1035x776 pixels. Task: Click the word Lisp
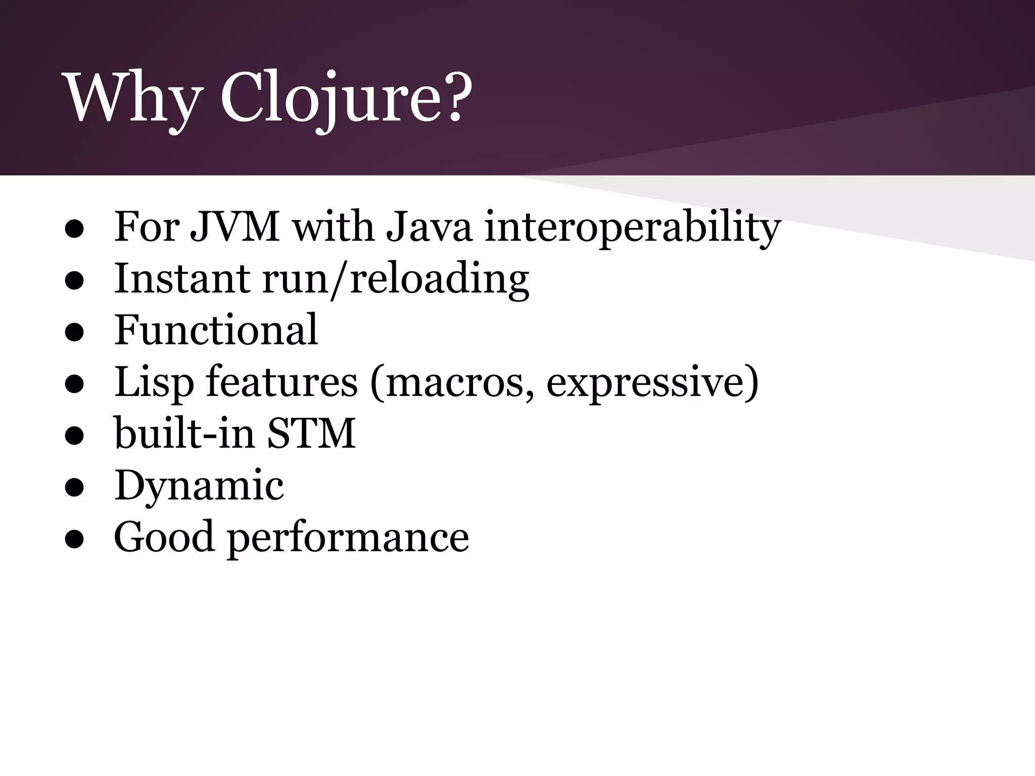[x=154, y=383]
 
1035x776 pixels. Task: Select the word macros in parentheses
[x=457, y=383]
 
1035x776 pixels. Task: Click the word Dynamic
[x=199, y=486]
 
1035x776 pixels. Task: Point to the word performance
[x=348, y=539]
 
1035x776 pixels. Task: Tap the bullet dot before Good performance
[x=74, y=540]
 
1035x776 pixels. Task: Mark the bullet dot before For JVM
[x=74, y=230]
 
